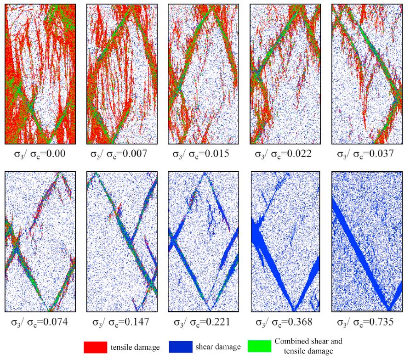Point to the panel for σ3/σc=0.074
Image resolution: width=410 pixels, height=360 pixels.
tap(40, 242)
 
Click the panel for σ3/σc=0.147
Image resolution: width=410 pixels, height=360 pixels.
tap(122, 242)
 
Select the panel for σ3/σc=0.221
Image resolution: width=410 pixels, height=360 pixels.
tap(203, 242)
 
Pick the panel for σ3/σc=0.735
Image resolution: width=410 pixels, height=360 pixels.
tap(367, 242)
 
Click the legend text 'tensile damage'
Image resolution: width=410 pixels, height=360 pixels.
tap(135, 347)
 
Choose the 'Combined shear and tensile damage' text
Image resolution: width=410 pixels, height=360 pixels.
tap(308, 346)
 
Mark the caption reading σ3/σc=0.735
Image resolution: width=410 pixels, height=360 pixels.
tap(366, 322)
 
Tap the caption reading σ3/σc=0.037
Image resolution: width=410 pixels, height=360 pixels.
tap(366, 154)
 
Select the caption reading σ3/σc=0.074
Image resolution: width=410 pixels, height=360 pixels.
tap(40, 322)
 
